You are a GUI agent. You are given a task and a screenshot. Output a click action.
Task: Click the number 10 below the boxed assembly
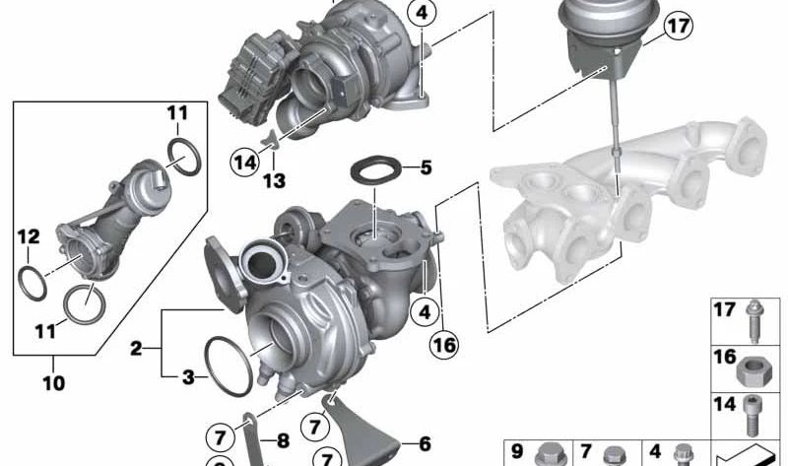[54, 383]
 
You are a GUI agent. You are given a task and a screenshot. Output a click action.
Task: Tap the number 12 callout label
[29, 236]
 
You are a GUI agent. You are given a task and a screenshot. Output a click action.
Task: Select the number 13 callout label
[275, 180]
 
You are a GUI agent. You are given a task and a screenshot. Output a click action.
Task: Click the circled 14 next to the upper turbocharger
[245, 162]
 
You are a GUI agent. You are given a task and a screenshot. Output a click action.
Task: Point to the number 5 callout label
[426, 167]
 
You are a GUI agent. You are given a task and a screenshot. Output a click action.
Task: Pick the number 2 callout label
[136, 349]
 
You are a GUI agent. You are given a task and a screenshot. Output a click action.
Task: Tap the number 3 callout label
[188, 377]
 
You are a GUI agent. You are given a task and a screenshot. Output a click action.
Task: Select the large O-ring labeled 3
[229, 366]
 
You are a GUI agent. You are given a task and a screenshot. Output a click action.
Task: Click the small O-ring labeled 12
[33, 284]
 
